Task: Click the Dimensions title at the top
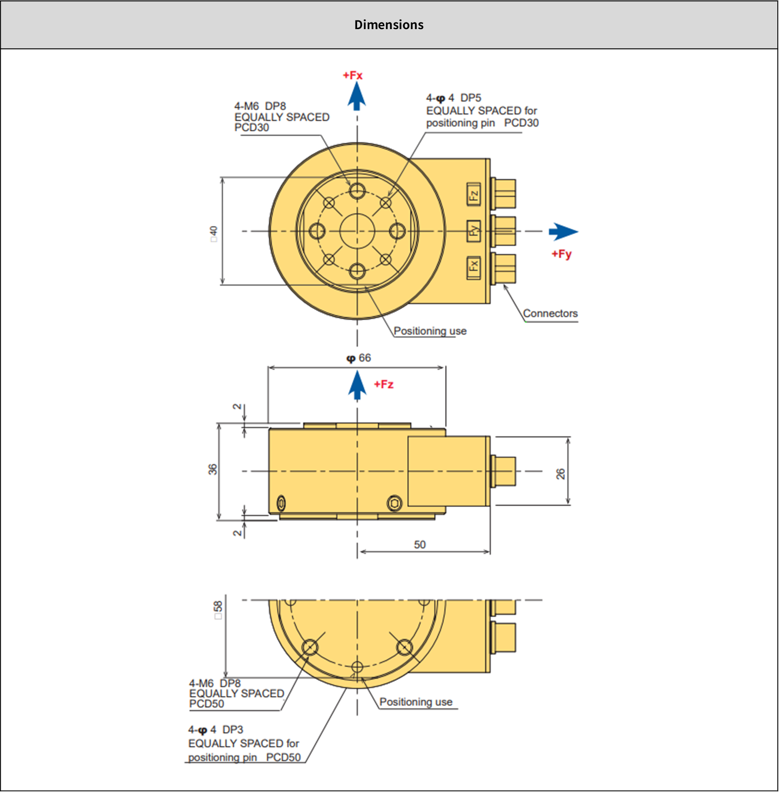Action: click(389, 25)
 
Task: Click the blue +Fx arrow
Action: click(357, 96)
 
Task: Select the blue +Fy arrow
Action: click(563, 232)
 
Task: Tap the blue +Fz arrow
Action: click(357, 385)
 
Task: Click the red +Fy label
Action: click(561, 254)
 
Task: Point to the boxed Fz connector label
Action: click(473, 194)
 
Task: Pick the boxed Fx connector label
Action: click(473, 267)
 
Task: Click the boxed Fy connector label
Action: click(473, 231)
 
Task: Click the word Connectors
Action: click(550, 313)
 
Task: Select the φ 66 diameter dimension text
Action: click(359, 358)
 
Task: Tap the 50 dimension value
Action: click(419, 544)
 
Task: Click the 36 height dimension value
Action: click(212, 469)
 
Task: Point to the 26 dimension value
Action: click(560, 474)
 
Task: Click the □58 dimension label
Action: click(218, 610)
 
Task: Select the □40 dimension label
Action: click(213, 234)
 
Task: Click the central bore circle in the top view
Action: click(357, 231)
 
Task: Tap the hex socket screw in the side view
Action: click(394, 503)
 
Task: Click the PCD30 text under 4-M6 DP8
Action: click(251, 128)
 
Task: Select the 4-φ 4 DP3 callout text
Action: click(215, 730)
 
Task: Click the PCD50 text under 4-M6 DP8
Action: click(206, 703)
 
